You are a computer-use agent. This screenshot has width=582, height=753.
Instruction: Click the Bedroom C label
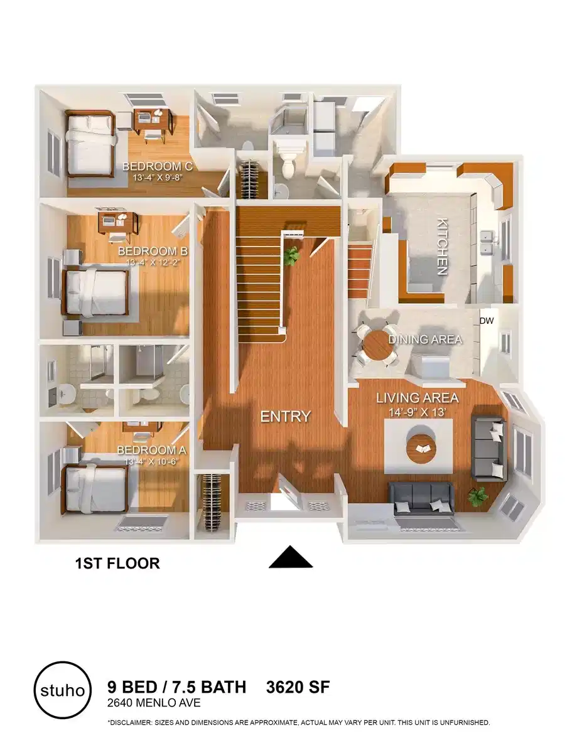(156, 166)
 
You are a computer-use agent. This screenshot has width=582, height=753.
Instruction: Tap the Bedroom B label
(153, 252)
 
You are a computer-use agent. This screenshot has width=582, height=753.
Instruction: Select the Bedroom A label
(152, 451)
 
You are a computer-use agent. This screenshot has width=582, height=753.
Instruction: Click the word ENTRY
(286, 416)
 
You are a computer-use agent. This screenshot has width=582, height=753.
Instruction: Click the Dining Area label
(425, 339)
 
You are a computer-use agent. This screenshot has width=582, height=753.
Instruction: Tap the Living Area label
(417, 398)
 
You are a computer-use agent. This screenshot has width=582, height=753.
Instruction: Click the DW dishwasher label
(487, 321)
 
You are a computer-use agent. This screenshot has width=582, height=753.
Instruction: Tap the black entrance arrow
(291, 557)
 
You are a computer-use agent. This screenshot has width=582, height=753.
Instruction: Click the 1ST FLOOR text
(117, 563)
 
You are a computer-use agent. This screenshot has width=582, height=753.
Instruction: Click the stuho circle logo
(61, 690)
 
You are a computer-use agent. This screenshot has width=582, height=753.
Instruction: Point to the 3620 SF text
(298, 687)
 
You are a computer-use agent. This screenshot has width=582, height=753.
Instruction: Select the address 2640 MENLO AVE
(154, 703)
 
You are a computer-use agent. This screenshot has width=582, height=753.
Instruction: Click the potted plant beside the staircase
(291, 256)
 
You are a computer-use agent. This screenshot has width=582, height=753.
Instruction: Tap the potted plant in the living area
(477, 496)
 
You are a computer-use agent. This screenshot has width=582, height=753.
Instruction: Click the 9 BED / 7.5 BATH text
(177, 687)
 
